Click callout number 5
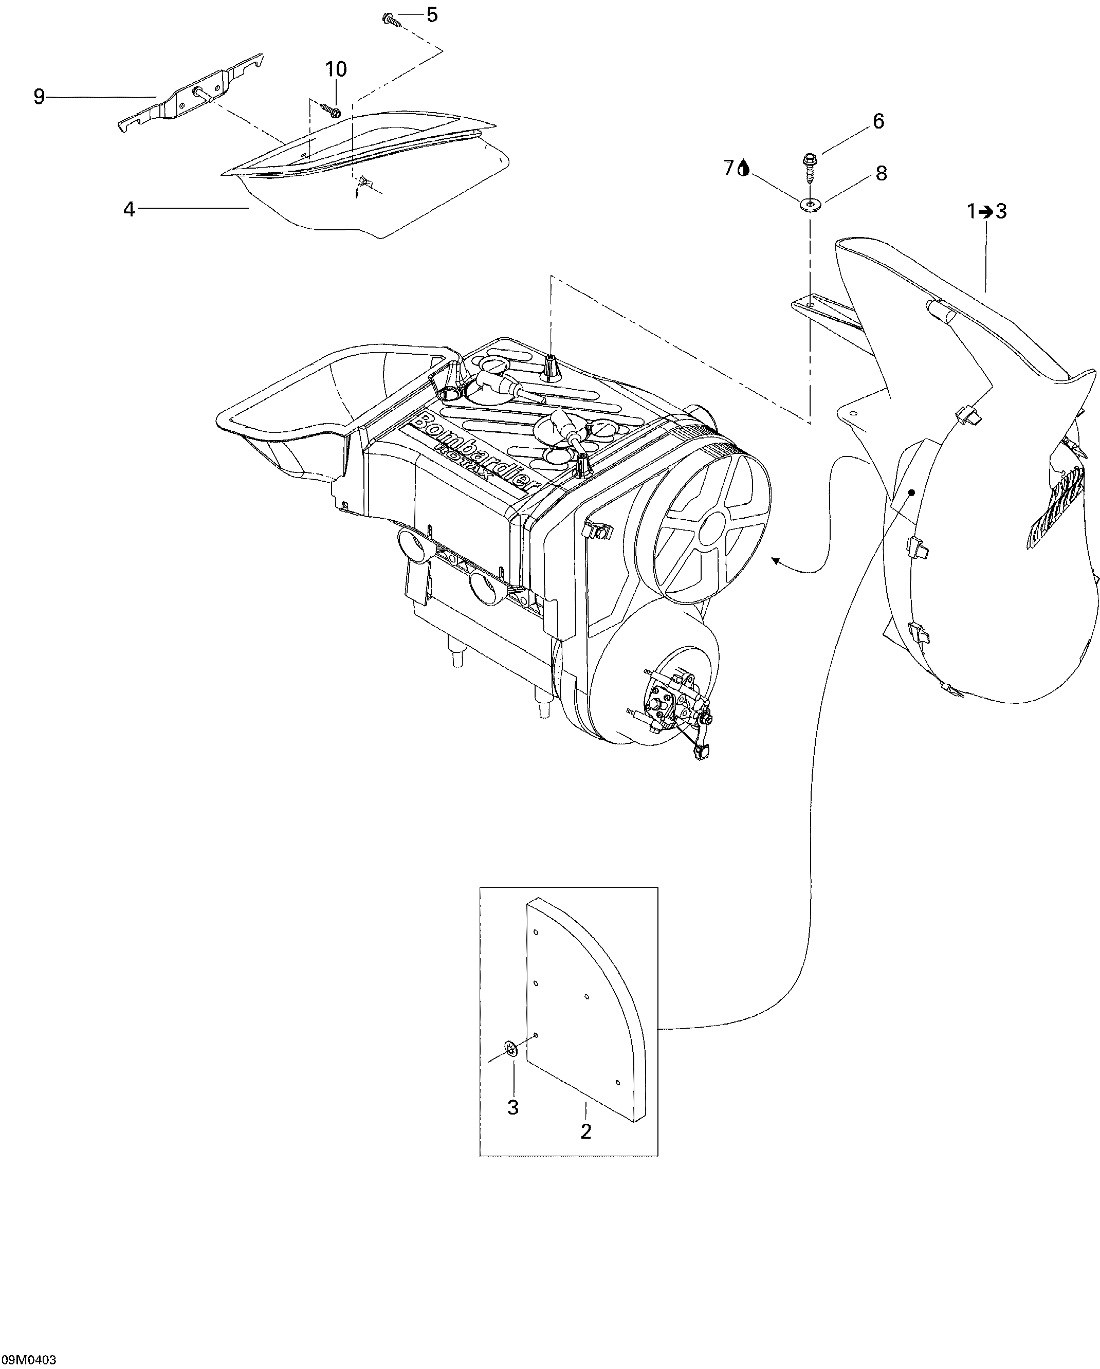coord(432,14)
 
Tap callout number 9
coord(40,97)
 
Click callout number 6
coord(878,121)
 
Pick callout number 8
coord(881,173)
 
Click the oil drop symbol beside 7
coord(744,168)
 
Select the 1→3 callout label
coord(986,211)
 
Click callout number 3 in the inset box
coord(513,1107)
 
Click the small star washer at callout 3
coord(511,1049)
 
